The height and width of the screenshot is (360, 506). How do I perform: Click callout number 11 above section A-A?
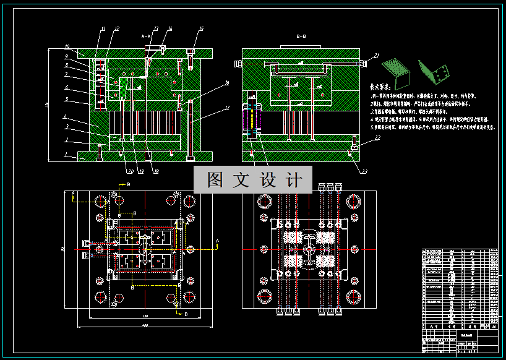[103, 29]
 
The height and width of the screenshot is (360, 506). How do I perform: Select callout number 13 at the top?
[155, 29]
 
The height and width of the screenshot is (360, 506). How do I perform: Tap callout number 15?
[201, 29]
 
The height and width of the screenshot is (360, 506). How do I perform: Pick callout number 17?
[227, 108]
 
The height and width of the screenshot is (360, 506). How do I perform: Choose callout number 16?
[227, 82]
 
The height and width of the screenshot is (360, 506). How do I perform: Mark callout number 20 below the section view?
[130, 171]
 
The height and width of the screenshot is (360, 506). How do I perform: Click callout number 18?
[155, 171]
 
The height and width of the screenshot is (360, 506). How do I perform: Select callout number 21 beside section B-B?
[376, 56]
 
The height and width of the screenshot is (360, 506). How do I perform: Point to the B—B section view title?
[301, 37]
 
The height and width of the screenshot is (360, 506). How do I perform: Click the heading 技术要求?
[382, 88]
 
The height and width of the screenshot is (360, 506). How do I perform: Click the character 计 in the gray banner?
[295, 180]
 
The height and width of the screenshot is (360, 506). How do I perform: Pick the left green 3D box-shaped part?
[396, 71]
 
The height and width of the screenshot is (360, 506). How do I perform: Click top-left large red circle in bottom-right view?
[265, 200]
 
